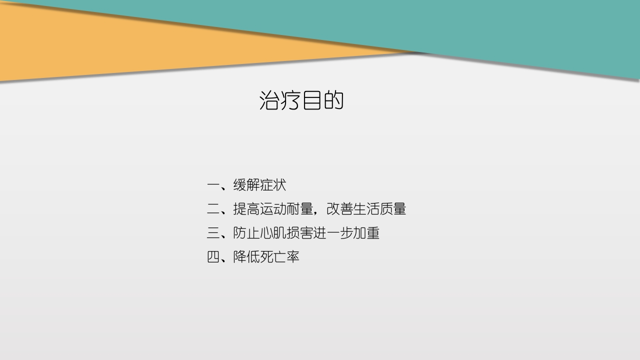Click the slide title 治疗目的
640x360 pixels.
301,100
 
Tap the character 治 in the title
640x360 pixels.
270,100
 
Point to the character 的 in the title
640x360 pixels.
333,100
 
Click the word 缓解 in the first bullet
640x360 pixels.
246,185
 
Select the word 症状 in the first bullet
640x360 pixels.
273,185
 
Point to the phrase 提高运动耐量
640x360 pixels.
273,209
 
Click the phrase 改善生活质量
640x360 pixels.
366,209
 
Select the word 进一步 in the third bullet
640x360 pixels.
333,233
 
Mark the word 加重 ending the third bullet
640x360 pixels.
366,233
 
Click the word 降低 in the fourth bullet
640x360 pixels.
246,257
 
